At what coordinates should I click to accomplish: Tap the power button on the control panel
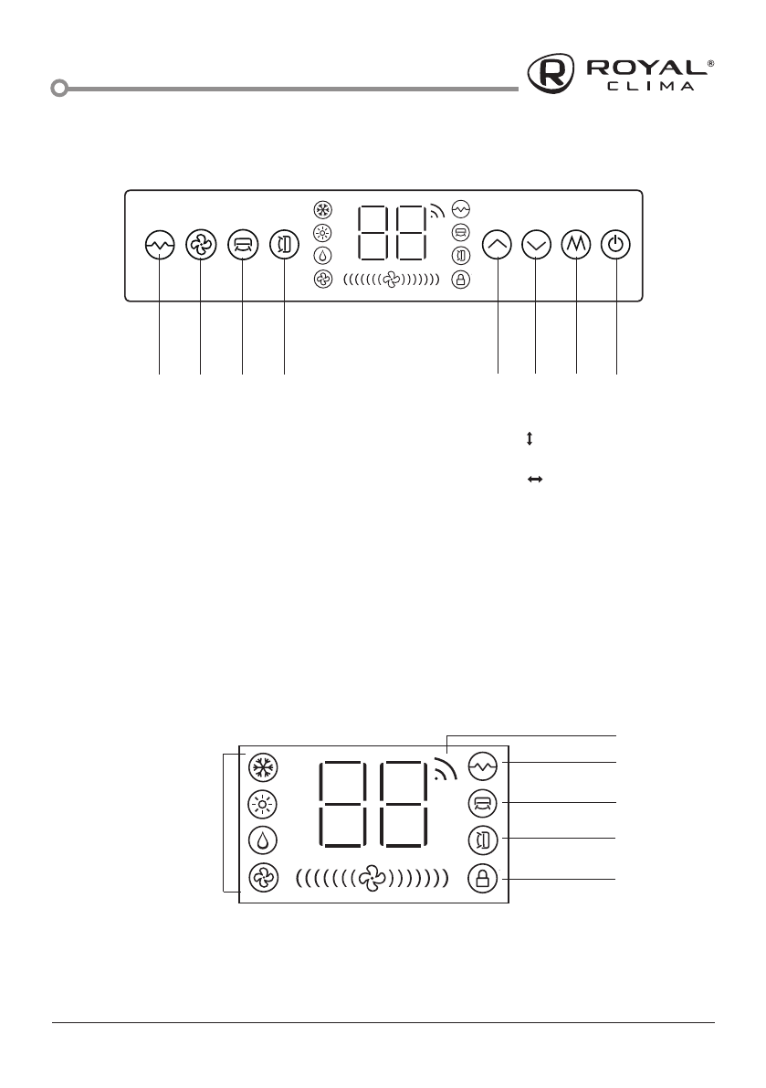pyautogui.click(x=617, y=246)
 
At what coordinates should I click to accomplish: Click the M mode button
pyautogui.click(x=577, y=246)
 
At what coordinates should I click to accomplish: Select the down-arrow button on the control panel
pyautogui.click(x=536, y=246)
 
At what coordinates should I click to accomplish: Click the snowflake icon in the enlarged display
pyautogui.click(x=263, y=766)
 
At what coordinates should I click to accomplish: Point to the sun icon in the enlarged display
pyautogui.click(x=263, y=803)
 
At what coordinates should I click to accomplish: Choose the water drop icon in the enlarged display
pyautogui.click(x=263, y=840)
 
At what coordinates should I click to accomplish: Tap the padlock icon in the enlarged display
pyautogui.click(x=481, y=879)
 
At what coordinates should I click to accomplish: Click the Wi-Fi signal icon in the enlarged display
pyautogui.click(x=445, y=772)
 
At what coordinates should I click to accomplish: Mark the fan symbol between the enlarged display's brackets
pyautogui.click(x=373, y=879)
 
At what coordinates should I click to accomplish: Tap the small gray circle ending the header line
pyautogui.click(x=59, y=89)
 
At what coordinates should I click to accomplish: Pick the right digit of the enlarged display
pyautogui.click(x=402, y=804)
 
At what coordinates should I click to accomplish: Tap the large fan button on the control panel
pyautogui.click(x=200, y=246)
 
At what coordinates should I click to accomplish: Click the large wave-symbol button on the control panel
pyautogui.click(x=160, y=246)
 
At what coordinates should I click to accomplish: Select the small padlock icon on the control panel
pyautogui.click(x=461, y=280)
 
